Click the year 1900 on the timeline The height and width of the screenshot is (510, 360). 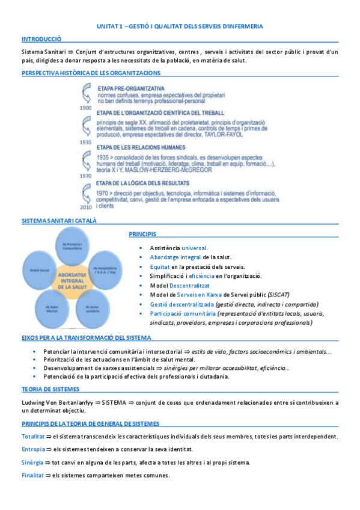85,108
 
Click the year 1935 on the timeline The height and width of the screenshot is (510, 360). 85,143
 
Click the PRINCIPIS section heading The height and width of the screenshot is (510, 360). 142,233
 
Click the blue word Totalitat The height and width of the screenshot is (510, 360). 32,435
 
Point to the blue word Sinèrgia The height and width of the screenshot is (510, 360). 32,462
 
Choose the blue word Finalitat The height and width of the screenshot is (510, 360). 32,475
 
